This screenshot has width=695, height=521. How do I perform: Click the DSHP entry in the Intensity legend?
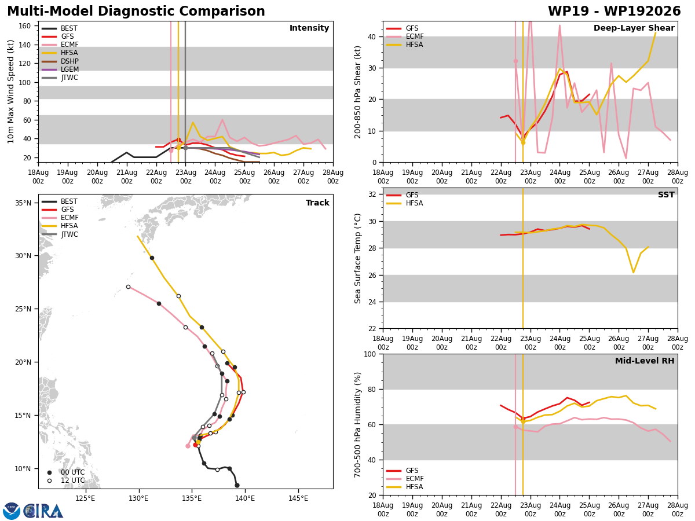point(60,61)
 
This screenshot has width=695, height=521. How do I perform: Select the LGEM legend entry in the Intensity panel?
point(60,69)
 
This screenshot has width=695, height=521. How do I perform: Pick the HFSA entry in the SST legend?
point(405,203)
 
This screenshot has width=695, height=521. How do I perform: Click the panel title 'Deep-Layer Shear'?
point(634,28)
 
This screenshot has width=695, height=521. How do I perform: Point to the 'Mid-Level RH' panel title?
point(645,361)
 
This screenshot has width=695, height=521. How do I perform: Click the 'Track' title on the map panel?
point(317,203)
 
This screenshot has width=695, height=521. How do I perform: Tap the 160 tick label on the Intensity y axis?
point(24,26)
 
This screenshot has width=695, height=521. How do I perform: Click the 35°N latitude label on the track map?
point(23,203)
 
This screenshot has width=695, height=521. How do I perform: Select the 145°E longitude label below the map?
point(298,498)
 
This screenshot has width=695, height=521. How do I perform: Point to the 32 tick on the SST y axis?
point(372,195)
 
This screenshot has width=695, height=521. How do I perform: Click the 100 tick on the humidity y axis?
point(370,354)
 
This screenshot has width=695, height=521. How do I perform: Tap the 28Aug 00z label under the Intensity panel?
point(333,177)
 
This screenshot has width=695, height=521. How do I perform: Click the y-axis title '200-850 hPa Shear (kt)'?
point(358,93)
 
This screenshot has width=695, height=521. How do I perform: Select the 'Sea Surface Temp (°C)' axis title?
point(358,258)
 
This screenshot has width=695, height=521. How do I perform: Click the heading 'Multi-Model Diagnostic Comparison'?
point(136,11)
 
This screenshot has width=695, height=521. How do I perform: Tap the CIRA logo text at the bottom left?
point(43,511)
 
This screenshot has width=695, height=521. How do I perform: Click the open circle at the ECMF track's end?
point(128,287)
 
